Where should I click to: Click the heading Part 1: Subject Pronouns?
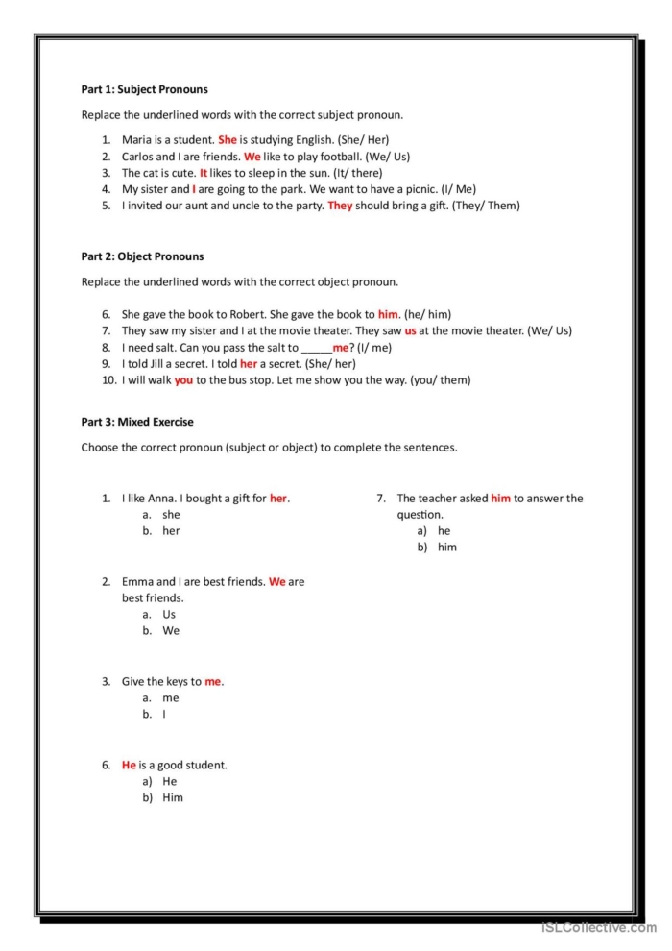pos(144,89)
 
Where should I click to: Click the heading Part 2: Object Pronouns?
pos(142,256)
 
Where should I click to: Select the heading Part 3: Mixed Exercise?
pos(137,422)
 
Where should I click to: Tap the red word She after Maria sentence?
pos(228,139)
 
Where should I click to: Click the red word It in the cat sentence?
pos(204,173)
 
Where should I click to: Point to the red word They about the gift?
pos(340,206)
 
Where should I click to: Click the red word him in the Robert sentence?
pos(388,314)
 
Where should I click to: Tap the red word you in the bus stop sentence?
pos(183,379)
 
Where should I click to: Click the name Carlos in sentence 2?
pos(138,156)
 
